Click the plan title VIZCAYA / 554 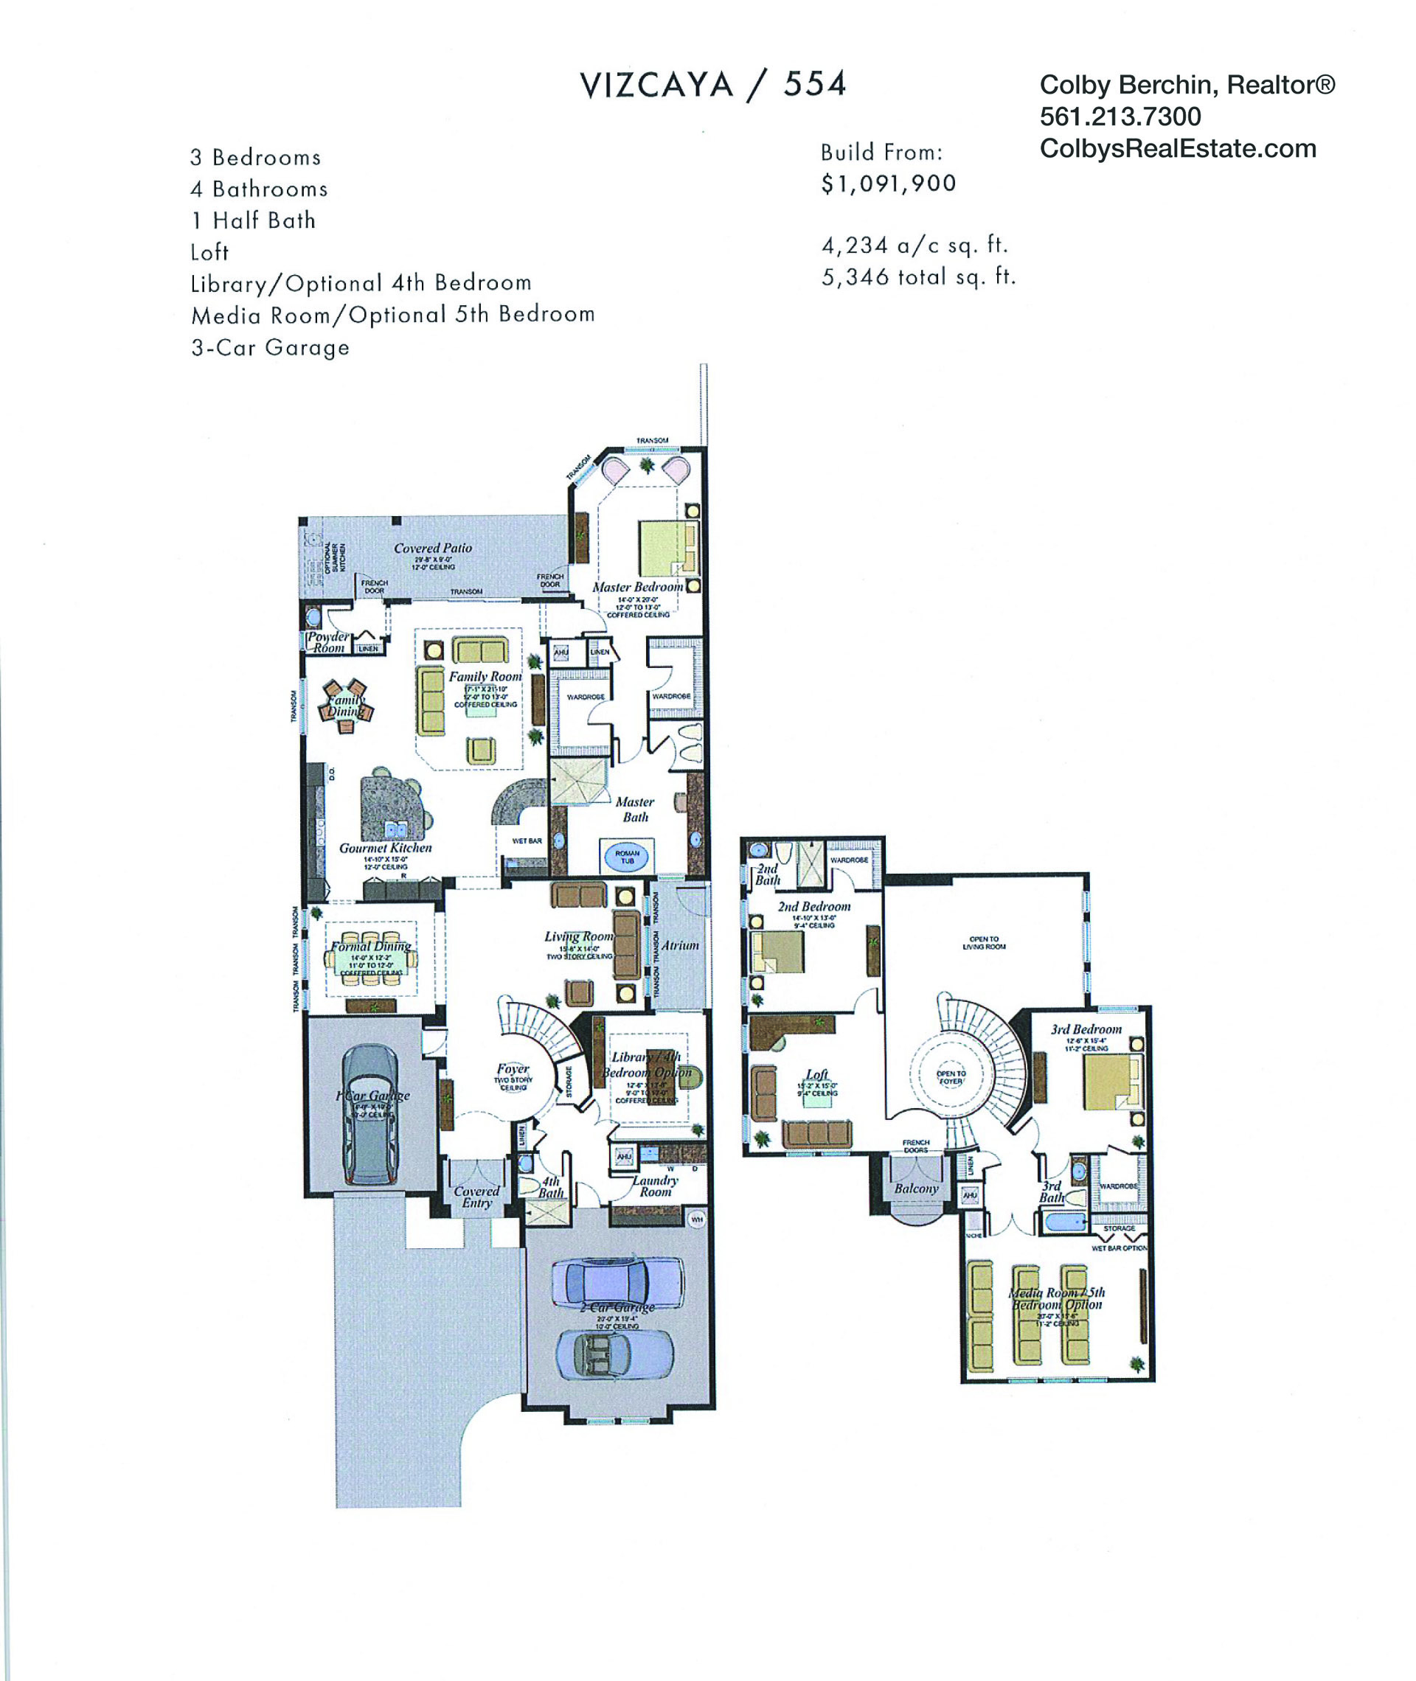(x=713, y=85)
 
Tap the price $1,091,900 (x=888, y=184)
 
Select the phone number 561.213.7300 (x=1120, y=117)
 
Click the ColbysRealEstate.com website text (x=1178, y=149)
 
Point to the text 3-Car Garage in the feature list (x=271, y=347)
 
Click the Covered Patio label (x=433, y=548)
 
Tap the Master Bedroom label (x=637, y=588)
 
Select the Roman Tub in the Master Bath (x=627, y=857)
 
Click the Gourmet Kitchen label (x=385, y=847)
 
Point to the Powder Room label (x=328, y=642)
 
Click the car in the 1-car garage (x=371, y=1114)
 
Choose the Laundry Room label (x=655, y=1186)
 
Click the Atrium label (x=680, y=945)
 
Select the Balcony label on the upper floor (x=916, y=1188)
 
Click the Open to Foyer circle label (x=951, y=1077)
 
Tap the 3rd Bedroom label (x=1086, y=1029)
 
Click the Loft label (x=816, y=1073)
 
